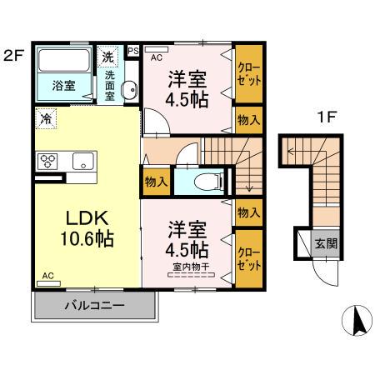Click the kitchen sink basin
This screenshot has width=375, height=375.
tap(82, 161)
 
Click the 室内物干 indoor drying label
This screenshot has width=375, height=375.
tap(191, 267)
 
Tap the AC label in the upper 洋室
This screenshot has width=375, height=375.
tap(157, 57)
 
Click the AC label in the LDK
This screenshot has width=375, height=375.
tap(48, 275)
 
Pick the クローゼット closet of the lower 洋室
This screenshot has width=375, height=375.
tap(248, 255)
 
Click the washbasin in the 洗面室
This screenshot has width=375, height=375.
tap(128, 92)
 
